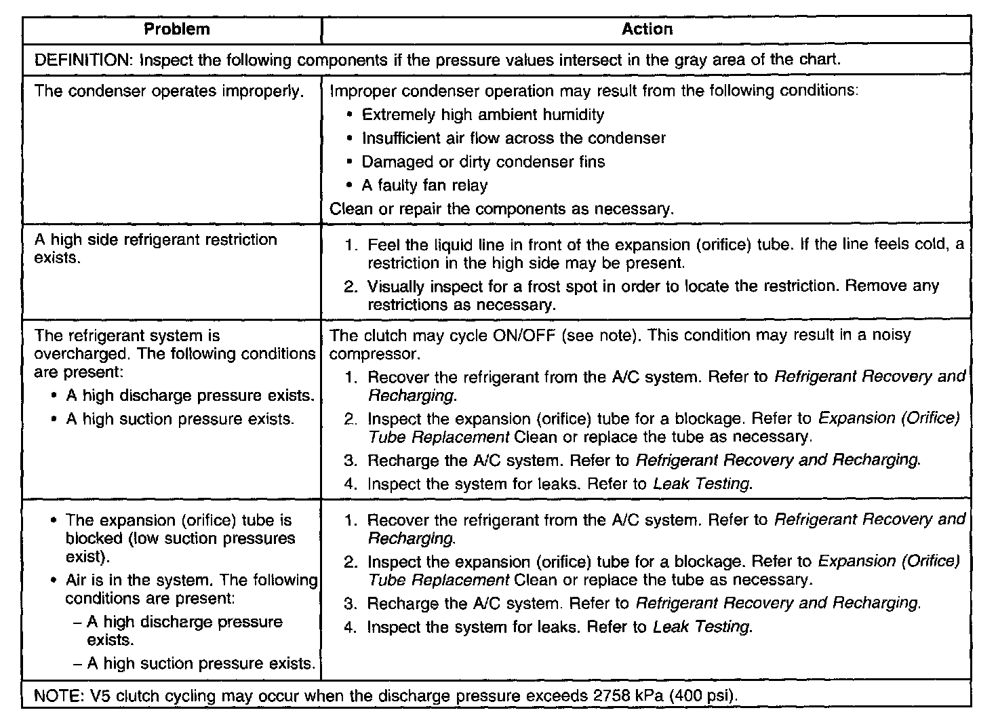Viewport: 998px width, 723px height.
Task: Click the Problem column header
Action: pos(177,29)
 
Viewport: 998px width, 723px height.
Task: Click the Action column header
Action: pos(647,29)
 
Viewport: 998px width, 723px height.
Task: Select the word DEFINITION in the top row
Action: pos(84,60)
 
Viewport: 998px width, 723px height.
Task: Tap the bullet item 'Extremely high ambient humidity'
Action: pos(482,115)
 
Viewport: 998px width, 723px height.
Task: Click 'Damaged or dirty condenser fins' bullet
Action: pos(483,162)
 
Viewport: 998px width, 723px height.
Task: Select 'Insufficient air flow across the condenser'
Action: pos(513,138)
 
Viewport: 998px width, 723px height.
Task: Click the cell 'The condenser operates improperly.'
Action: pos(169,91)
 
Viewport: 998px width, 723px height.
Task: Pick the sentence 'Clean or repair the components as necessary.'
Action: pos(502,209)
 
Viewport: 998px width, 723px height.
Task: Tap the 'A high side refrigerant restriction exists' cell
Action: pos(155,248)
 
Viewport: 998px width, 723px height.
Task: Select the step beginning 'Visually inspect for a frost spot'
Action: pos(651,295)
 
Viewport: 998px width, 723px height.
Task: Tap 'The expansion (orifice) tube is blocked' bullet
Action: pos(180,539)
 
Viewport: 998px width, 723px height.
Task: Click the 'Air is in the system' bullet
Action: pos(190,589)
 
